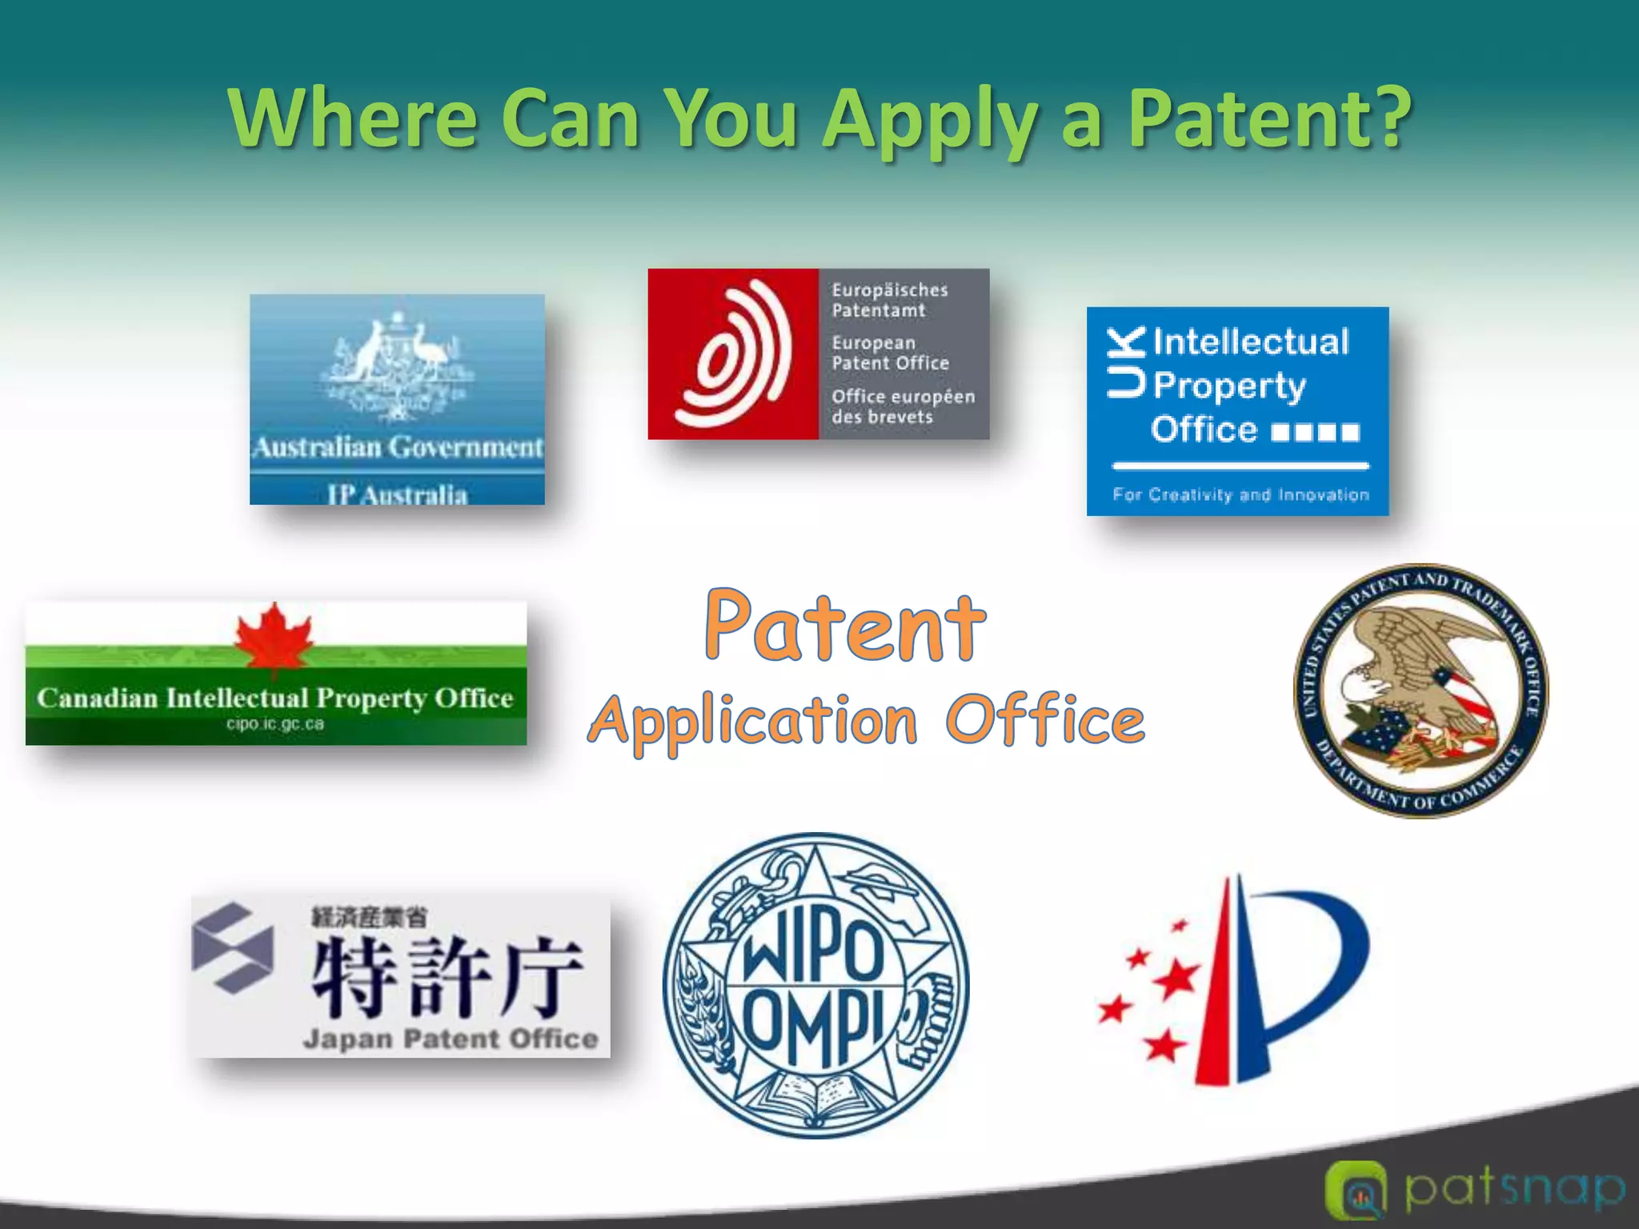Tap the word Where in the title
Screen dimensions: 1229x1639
pos(353,118)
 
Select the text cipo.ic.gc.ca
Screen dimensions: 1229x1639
pos(275,724)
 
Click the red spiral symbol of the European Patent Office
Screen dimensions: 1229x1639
pos(732,354)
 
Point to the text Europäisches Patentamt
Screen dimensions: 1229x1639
pos(889,300)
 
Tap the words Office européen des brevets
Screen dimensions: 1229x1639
pos(903,406)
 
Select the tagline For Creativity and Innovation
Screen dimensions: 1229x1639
pos(1240,495)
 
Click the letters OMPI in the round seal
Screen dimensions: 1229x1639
pos(813,1026)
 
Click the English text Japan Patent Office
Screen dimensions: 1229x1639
pos(451,1039)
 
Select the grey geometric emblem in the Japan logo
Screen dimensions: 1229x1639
pos(233,948)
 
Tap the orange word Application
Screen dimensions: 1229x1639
pos(753,720)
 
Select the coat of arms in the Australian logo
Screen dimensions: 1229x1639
pos(397,364)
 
